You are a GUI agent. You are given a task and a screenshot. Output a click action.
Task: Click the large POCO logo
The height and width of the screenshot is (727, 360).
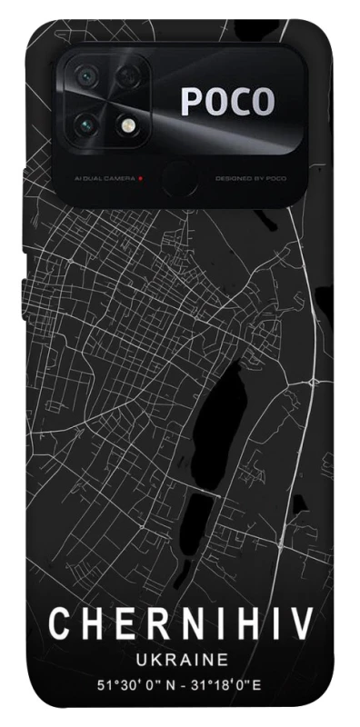(x=226, y=103)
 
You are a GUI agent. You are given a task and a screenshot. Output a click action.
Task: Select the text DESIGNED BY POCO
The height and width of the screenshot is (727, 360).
(x=251, y=178)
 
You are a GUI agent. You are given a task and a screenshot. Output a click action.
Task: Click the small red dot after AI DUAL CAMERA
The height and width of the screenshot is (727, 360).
(x=141, y=178)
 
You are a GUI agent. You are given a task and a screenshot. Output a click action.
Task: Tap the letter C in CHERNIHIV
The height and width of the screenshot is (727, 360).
(x=59, y=623)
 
